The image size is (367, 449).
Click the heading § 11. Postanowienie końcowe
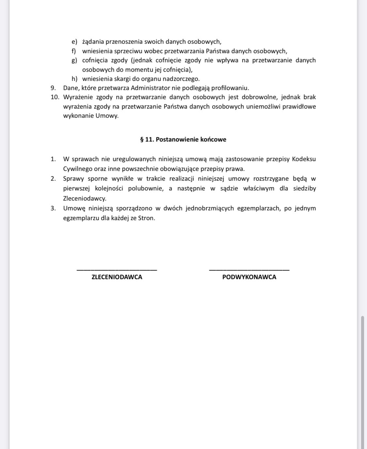point(183,140)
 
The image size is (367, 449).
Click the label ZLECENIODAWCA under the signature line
point(117,277)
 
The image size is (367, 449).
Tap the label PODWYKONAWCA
point(249,277)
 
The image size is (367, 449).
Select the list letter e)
point(74,42)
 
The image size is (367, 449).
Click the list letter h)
point(74,79)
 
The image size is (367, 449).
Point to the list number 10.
point(55,97)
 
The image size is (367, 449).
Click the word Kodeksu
point(304,159)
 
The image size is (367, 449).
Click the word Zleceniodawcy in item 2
point(84,198)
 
